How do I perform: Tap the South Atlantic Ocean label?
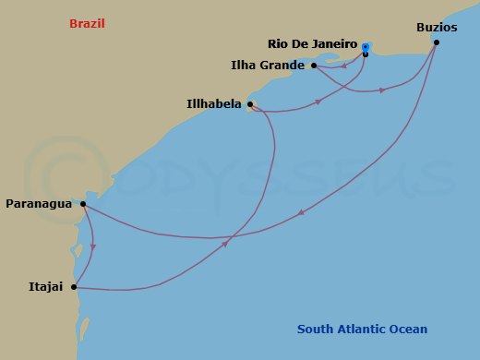click(363, 330)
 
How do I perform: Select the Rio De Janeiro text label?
click(313, 44)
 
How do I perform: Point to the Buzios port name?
click(436, 28)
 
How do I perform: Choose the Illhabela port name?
click(214, 105)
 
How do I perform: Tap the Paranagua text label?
click(39, 203)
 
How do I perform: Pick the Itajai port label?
click(45, 287)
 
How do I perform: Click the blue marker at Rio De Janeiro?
click(366, 46)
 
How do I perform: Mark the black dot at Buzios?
click(437, 42)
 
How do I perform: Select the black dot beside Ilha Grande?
click(314, 66)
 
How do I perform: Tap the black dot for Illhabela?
click(250, 104)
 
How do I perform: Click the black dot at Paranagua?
click(83, 204)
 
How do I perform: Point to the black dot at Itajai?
click(74, 287)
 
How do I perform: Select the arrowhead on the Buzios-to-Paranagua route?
click(301, 214)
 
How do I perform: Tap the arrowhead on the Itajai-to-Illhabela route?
click(226, 245)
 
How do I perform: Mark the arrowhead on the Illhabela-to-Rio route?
click(317, 102)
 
